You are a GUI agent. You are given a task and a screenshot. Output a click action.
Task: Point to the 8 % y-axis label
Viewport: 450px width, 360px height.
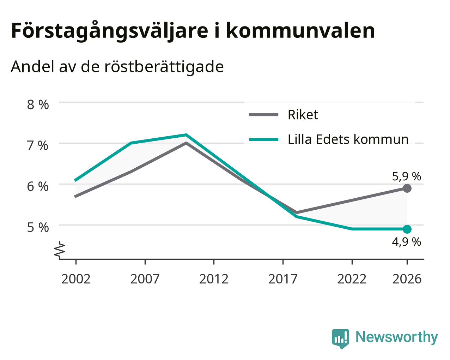coord(38,105)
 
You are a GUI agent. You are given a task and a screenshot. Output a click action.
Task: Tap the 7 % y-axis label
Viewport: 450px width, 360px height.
coord(38,146)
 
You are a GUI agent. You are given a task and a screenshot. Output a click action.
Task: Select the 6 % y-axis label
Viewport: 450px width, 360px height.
coord(38,186)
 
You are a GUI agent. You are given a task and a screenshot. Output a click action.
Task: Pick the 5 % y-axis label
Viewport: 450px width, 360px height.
coord(38,228)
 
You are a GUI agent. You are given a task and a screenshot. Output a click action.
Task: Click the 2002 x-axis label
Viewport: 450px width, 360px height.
coord(76,279)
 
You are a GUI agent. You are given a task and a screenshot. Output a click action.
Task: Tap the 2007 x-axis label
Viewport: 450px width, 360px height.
coord(145,279)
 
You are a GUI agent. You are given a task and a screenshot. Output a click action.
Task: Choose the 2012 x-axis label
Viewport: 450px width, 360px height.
coord(214,279)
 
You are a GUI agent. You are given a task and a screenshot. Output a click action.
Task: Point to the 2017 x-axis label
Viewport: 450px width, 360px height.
coord(283,279)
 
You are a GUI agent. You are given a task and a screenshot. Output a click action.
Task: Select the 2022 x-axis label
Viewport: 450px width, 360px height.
coord(352,279)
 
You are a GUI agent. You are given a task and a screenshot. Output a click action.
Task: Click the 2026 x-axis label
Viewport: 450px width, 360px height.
coord(407,279)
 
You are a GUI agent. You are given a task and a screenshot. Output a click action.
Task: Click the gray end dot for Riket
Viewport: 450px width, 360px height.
coord(407,188)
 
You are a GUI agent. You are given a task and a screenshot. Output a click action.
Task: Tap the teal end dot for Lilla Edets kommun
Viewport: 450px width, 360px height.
coord(407,229)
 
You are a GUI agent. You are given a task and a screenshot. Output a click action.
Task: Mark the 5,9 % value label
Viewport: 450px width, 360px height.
coord(407,176)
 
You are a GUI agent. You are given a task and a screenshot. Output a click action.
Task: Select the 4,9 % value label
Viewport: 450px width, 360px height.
coord(407,242)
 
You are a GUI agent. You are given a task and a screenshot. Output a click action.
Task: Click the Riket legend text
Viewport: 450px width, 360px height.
coord(303,115)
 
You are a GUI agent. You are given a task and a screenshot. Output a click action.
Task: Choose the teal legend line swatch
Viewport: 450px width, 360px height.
coord(263,139)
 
